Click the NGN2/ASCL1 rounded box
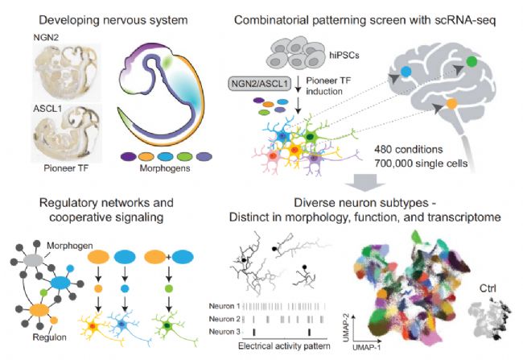[260, 83]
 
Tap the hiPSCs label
[344, 55]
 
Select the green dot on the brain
[472, 62]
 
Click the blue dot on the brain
[406, 72]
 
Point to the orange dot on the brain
[451, 104]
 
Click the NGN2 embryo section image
[67, 71]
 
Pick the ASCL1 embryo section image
[67, 135]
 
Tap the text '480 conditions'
[408, 149]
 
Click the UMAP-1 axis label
[367, 347]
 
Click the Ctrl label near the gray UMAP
[488, 288]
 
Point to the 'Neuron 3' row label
[224, 332]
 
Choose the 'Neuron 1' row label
[224, 306]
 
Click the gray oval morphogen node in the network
[33, 259]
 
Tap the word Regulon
[49, 337]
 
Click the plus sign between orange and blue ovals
[169, 257]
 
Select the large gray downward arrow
[365, 182]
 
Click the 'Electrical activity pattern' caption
[284, 346]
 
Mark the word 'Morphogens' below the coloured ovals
[165, 168]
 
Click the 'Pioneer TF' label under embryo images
[66, 168]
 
